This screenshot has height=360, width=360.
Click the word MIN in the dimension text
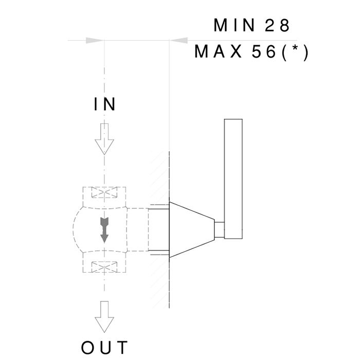[x=234, y=25]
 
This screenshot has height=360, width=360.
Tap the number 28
[x=277, y=25]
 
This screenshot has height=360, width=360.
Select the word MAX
[x=218, y=51]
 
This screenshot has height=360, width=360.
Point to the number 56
[x=264, y=51]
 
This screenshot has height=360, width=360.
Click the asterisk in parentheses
[x=295, y=49]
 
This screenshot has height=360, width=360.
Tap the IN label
[x=104, y=104]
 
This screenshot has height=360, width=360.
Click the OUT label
[x=104, y=347]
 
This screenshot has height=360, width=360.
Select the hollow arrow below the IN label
[x=104, y=139]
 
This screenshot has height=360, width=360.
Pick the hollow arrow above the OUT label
[x=104, y=317]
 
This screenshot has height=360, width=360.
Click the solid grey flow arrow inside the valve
[x=104, y=229]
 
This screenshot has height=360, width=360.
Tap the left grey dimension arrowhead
[x=95, y=41]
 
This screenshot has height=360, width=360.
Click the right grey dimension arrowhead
[x=179, y=41]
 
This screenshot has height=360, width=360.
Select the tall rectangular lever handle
[x=233, y=179]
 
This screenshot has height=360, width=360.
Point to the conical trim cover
[x=192, y=229]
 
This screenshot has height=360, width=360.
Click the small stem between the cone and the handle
[x=220, y=229]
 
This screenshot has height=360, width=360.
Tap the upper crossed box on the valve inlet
[x=104, y=192]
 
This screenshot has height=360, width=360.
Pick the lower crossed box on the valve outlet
[x=104, y=267]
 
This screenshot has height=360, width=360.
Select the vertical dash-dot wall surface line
[x=169, y=229]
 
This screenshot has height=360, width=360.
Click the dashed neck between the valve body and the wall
[x=138, y=229]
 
